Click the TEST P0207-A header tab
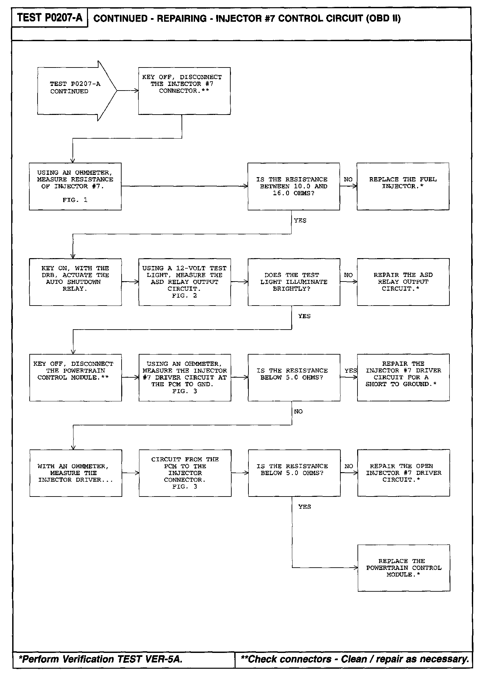tap(49, 17)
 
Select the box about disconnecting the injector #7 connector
tap(184, 91)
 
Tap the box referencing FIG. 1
tap(75, 186)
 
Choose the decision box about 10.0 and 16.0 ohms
tap(294, 186)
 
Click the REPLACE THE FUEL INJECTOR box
tap(403, 186)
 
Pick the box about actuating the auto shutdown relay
tap(75, 282)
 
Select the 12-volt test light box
tap(185, 282)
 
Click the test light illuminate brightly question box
tap(294, 282)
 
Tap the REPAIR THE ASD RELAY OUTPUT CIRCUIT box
tap(403, 282)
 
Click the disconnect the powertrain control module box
tap(75, 377)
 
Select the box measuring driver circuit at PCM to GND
tap(185, 377)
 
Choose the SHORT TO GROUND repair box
tap(403, 377)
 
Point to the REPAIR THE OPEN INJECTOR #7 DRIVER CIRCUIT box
tap(403, 473)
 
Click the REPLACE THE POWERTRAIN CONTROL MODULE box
tap(404, 568)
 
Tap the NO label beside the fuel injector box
tap(348, 179)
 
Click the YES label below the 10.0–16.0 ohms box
tap(300, 221)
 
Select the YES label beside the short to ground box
tap(351, 371)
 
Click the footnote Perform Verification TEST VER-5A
tap(101, 659)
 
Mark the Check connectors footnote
tap(355, 659)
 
